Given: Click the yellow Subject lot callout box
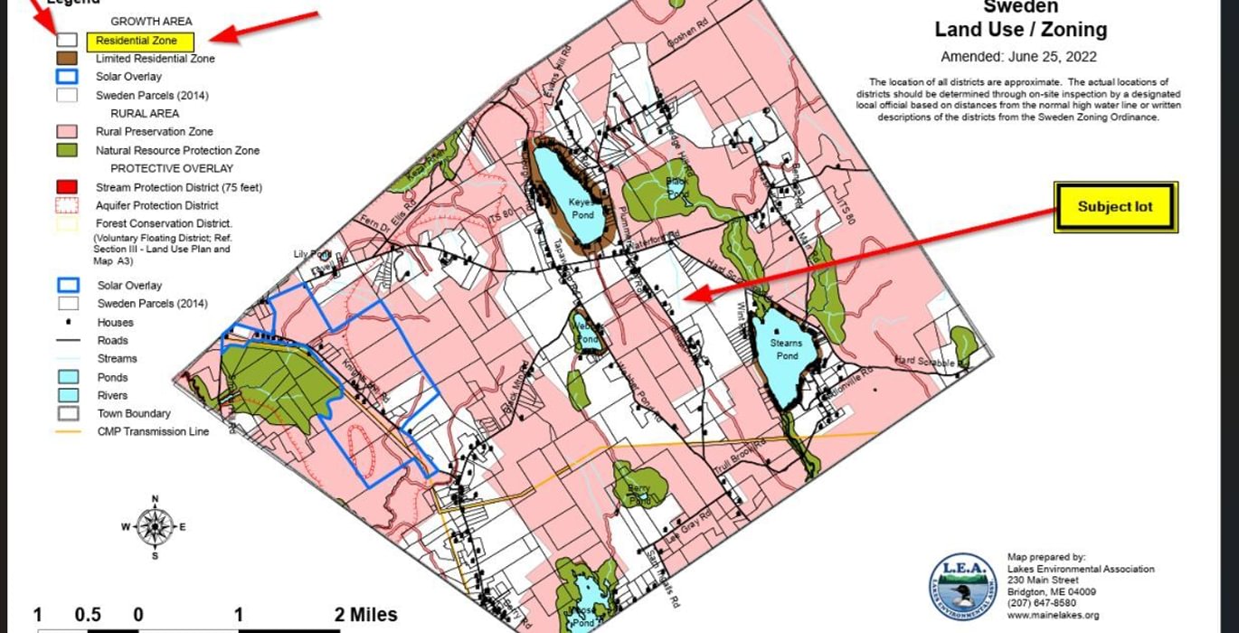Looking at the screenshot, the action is click(1115, 207).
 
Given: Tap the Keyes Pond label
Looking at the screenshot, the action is click(582, 209).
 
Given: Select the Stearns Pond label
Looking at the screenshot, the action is click(786, 349).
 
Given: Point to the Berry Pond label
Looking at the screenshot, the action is click(638, 494).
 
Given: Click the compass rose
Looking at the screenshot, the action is click(156, 526).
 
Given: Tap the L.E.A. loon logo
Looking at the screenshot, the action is click(962, 587).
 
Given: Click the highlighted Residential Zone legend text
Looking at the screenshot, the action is click(140, 41).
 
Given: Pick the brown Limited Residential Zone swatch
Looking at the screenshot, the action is click(67, 59).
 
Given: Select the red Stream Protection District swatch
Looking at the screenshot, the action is click(67, 187).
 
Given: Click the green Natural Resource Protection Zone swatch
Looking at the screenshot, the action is click(67, 150).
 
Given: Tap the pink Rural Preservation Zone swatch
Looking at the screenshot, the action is click(67, 132).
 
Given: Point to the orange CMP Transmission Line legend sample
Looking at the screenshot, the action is click(67, 432).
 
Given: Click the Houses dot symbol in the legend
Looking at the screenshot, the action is click(67, 323).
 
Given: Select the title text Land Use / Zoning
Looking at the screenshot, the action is click(1020, 30).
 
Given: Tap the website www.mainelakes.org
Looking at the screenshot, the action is click(1053, 616).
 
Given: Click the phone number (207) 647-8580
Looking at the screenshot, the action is click(1041, 603).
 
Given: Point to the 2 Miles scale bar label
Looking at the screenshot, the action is click(365, 616).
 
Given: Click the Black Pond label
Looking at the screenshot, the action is click(677, 188).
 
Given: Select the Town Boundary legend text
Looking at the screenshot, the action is click(134, 413).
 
